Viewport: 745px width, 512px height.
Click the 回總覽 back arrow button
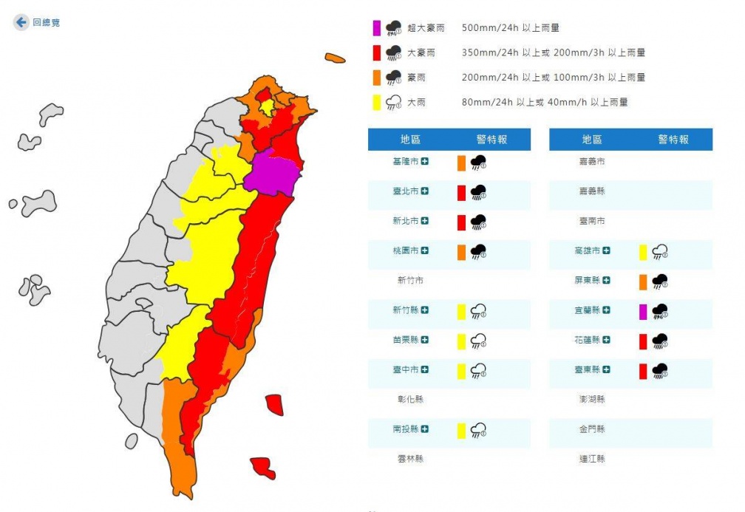pyautogui.click(x=21, y=23)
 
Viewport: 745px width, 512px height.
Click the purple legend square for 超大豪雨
pyautogui.click(x=376, y=28)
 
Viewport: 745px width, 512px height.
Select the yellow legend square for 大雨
pyautogui.click(x=376, y=103)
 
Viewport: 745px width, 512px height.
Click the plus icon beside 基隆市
pyautogui.click(x=425, y=161)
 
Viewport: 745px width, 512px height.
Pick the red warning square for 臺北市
pyautogui.click(x=461, y=193)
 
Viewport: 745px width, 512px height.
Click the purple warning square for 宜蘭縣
pyautogui.click(x=643, y=312)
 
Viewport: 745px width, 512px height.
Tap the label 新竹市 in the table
pyautogui.click(x=410, y=281)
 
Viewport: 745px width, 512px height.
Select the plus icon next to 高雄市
pyautogui.click(x=606, y=251)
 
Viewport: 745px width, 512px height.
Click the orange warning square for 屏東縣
pyautogui.click(x=643, y=281)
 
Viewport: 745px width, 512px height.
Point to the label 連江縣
pyautogui.click(x=592, y=459)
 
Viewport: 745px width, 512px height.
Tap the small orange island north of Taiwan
pyautogui.click(x=335, y=58)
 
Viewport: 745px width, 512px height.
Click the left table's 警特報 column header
pyautogui.click(x=492, y=140)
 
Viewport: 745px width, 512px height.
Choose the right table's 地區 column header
pyautogui.click(x=591, y=140)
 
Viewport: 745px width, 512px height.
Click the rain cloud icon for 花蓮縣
pyautogui.click(x=660, y=341)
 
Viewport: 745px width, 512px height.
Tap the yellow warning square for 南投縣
pyautogui.click(x=461, y=431)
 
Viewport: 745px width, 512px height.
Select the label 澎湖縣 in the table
pyautogui.click(x=592, y=400)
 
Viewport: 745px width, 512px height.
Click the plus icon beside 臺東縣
pyautogui.click(x=606, y=369)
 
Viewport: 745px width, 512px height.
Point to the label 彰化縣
pyautogui.click(x=410, y=400)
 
